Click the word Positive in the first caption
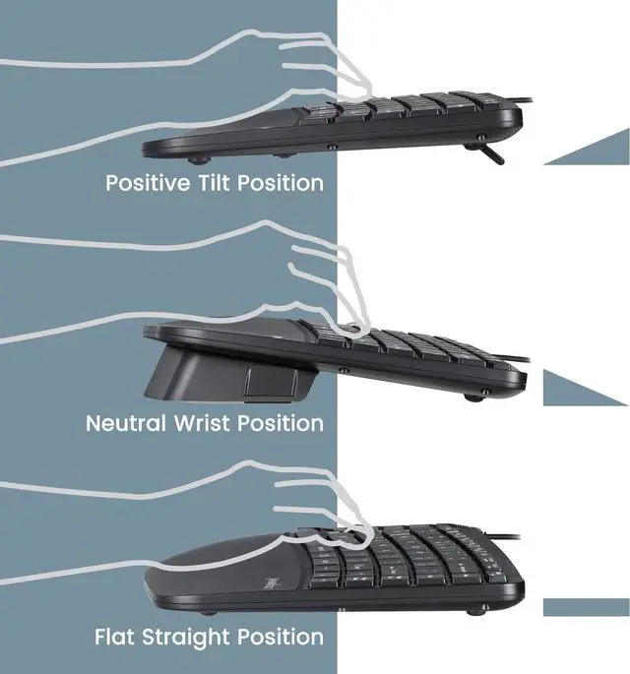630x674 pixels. pos(148,183)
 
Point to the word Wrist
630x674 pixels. pos(204,424)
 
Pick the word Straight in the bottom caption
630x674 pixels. pos(190,638)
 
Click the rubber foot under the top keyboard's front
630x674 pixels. pos(198,156)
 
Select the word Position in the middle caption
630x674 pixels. pos(280,424)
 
